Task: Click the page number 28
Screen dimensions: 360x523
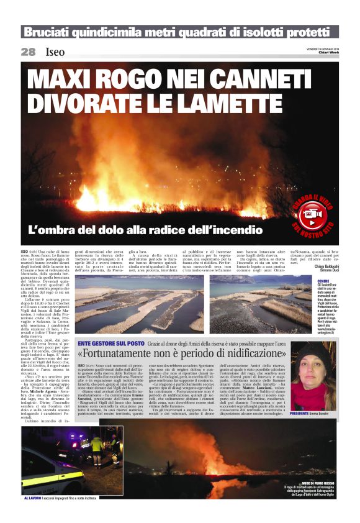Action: [28, 52]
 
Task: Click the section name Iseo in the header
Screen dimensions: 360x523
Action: [55, 52]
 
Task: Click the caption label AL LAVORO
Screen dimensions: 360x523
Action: [33, 498]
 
